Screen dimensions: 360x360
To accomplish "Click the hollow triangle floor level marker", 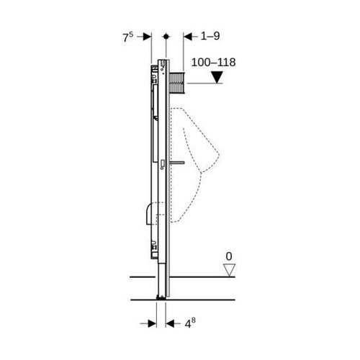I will (230, 270).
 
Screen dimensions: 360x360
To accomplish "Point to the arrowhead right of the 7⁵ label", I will (146, 36).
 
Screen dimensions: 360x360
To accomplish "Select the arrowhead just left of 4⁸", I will (171, 323).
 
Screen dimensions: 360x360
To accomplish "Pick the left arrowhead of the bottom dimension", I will (153, 323).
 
